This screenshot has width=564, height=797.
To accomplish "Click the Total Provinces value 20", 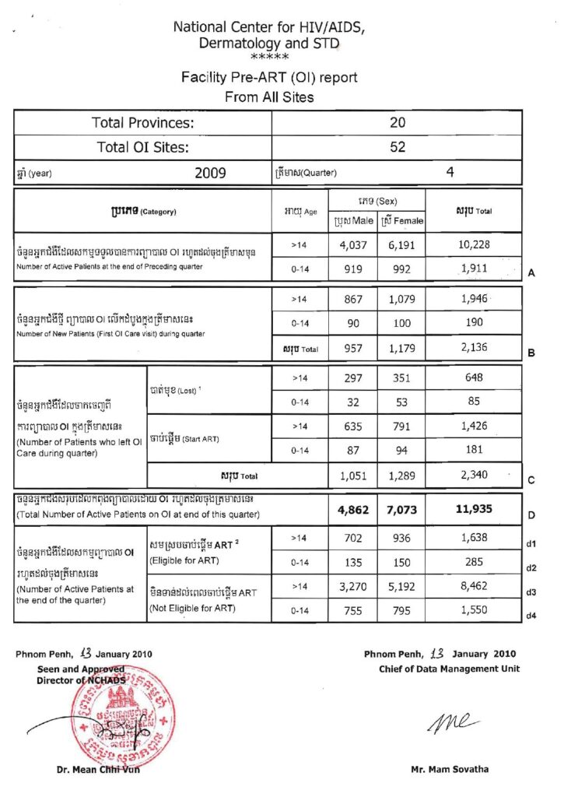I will [397, 123].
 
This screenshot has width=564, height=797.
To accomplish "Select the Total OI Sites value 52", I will [397, 147].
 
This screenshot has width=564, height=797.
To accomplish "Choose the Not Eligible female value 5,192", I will [402, 586].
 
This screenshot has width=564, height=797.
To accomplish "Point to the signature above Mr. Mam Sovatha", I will [447, 723].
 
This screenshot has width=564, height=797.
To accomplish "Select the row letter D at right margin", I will [531, 515].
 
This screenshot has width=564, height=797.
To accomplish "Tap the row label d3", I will [532, 592].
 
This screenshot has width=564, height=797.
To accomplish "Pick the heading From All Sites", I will [268, 97].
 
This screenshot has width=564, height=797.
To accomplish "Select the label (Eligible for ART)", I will [175, 560].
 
